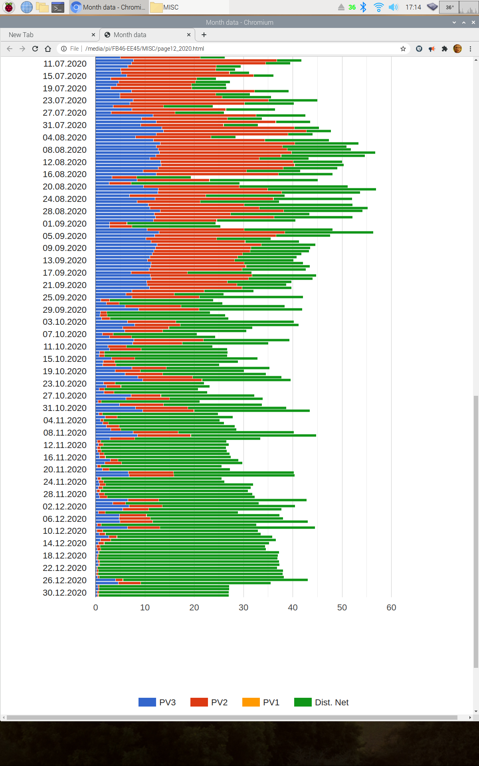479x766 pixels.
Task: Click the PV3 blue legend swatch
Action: click(147, 702)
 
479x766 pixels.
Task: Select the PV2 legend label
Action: click(219, 702)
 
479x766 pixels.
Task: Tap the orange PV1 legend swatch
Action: click(251, 702)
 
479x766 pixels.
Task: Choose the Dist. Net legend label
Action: click(331, 702)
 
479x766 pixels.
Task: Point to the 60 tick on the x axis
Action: click(391, 607)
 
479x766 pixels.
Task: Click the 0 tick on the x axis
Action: click(95, 607)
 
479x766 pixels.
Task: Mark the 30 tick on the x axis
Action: click(243, 607)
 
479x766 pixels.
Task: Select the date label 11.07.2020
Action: click(65, 64)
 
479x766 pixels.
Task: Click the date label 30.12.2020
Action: click(65, 592)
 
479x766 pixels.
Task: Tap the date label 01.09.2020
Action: click(65, 223)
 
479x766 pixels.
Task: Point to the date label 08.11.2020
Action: click(65, 432)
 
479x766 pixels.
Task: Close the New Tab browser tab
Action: click(93, 35)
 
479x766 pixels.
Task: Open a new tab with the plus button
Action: click(204, 35)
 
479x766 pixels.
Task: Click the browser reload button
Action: click(35, 49)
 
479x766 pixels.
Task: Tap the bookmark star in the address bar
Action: click(403, 49)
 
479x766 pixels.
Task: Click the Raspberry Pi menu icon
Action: click(9, 7)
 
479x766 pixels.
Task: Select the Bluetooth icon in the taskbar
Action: click(363, 7)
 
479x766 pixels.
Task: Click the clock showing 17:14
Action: click(413, 7)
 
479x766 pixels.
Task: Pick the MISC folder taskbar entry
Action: click(165, 7)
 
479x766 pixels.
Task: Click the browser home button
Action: click(48, 49)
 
